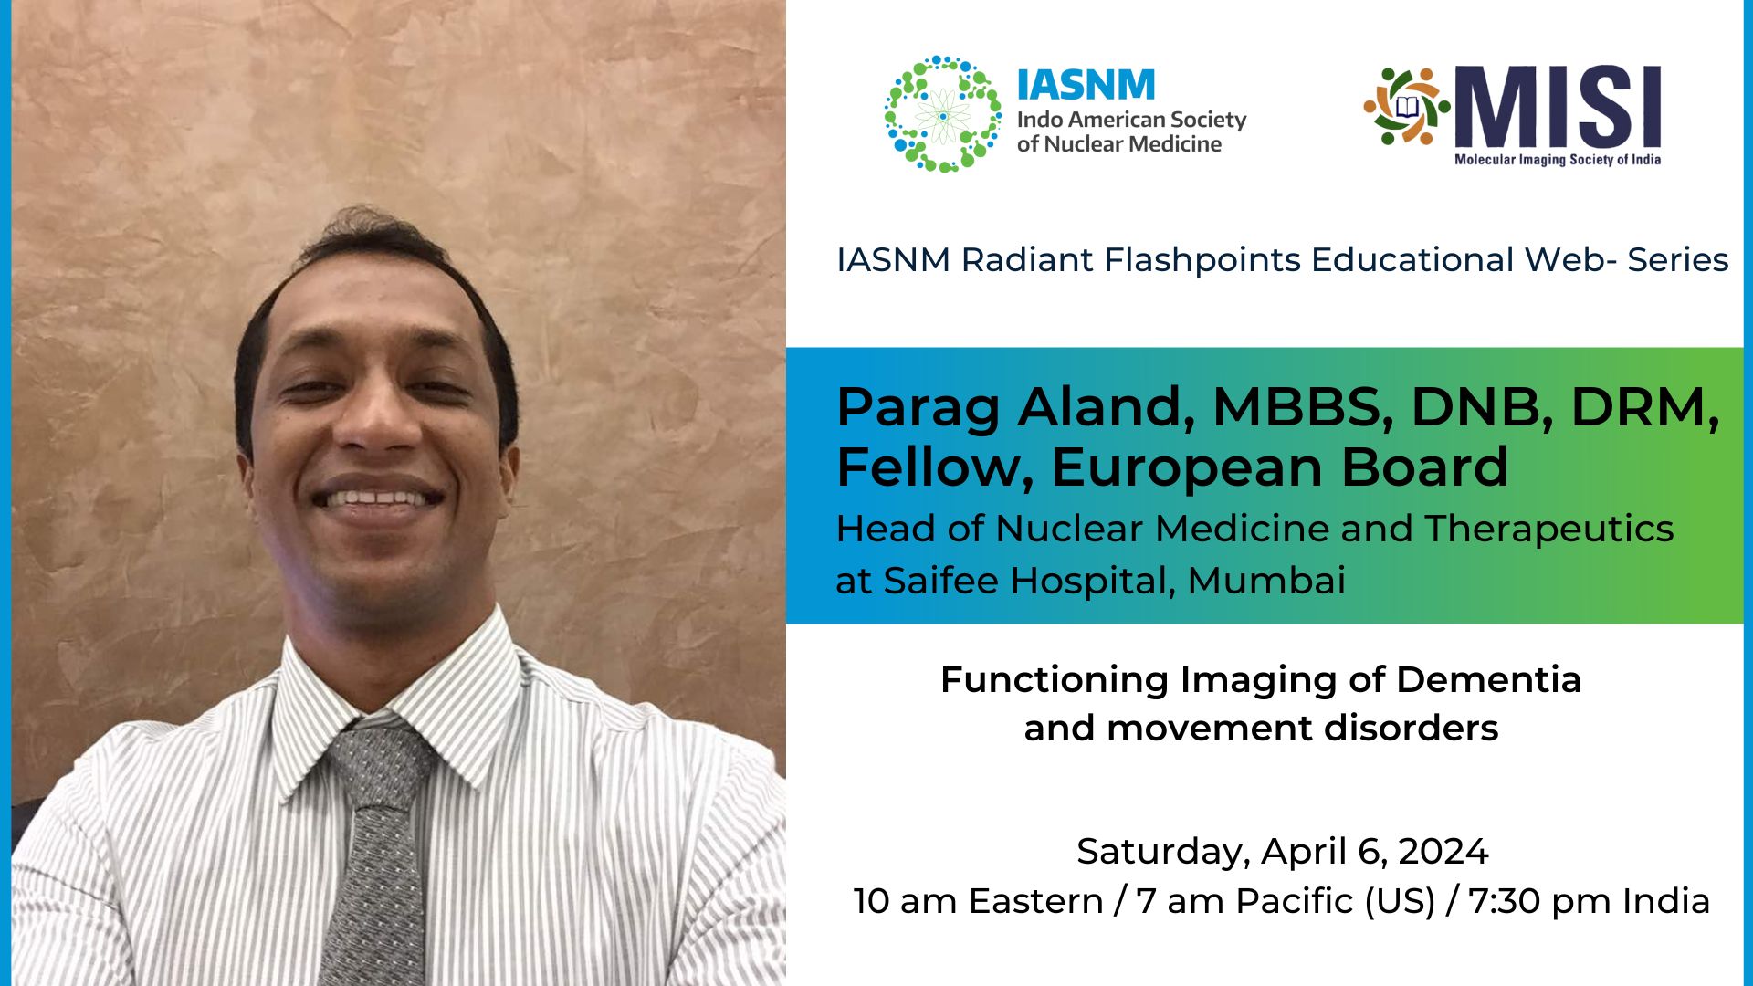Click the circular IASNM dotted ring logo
(x=942, y=114)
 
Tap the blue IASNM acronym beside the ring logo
(x=1086, y=85)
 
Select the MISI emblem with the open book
(x=1406, y=106)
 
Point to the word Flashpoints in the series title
(x=1202, y=260)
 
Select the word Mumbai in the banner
(x=1266, y=581)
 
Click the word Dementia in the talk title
(x=1488, y=680)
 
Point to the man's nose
(x=377, y=420)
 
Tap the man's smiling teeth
(x=376, y=499)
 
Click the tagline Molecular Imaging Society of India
(x=1557, y=160)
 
